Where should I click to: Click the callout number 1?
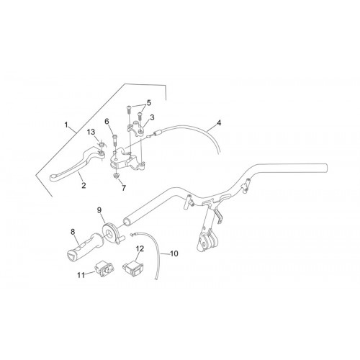point(67,125)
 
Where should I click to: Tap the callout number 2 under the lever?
point(84,185)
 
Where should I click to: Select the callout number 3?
point(152,117)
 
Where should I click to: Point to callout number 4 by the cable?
point(219,123)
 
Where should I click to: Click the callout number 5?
point(149,103)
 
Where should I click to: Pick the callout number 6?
point(107,121)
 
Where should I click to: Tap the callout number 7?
point(124,188)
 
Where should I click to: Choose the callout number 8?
point(73,232)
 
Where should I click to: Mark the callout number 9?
point(99,210)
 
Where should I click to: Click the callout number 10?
point(174,253)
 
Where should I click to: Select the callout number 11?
point(81,275)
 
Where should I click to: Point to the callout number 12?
point(140,249)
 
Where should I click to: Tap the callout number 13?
point(91,132)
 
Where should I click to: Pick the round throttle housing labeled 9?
point(112,233)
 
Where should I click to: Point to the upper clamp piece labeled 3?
point(136,128)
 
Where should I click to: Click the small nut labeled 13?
point(102,144)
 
